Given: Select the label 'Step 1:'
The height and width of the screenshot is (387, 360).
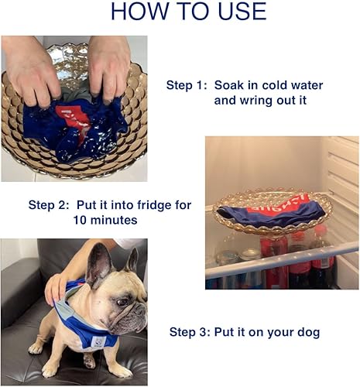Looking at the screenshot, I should click(x=187, y=85).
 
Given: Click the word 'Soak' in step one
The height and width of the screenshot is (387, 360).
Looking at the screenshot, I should click(x=228, y=85).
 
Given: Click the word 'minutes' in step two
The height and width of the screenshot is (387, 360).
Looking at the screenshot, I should click(x=115, y=220).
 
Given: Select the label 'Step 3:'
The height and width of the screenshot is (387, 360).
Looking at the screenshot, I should click(x=190, y=332).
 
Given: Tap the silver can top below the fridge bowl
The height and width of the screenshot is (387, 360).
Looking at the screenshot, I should click(x=249, y=254).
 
